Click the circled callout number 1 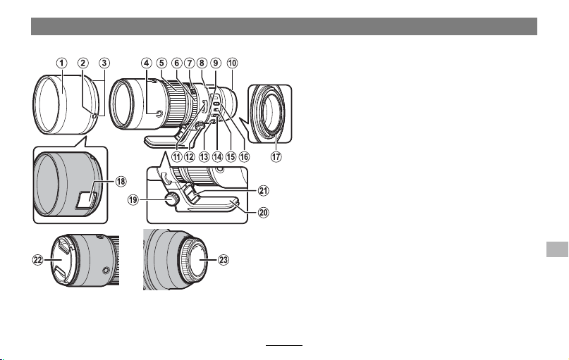61,63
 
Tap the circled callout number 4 146,63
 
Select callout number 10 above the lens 232,63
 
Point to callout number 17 276,156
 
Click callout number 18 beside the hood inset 121,181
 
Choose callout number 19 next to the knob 133,199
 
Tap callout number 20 263,212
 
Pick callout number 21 263,190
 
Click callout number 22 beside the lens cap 38,260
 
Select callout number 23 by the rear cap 224,260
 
